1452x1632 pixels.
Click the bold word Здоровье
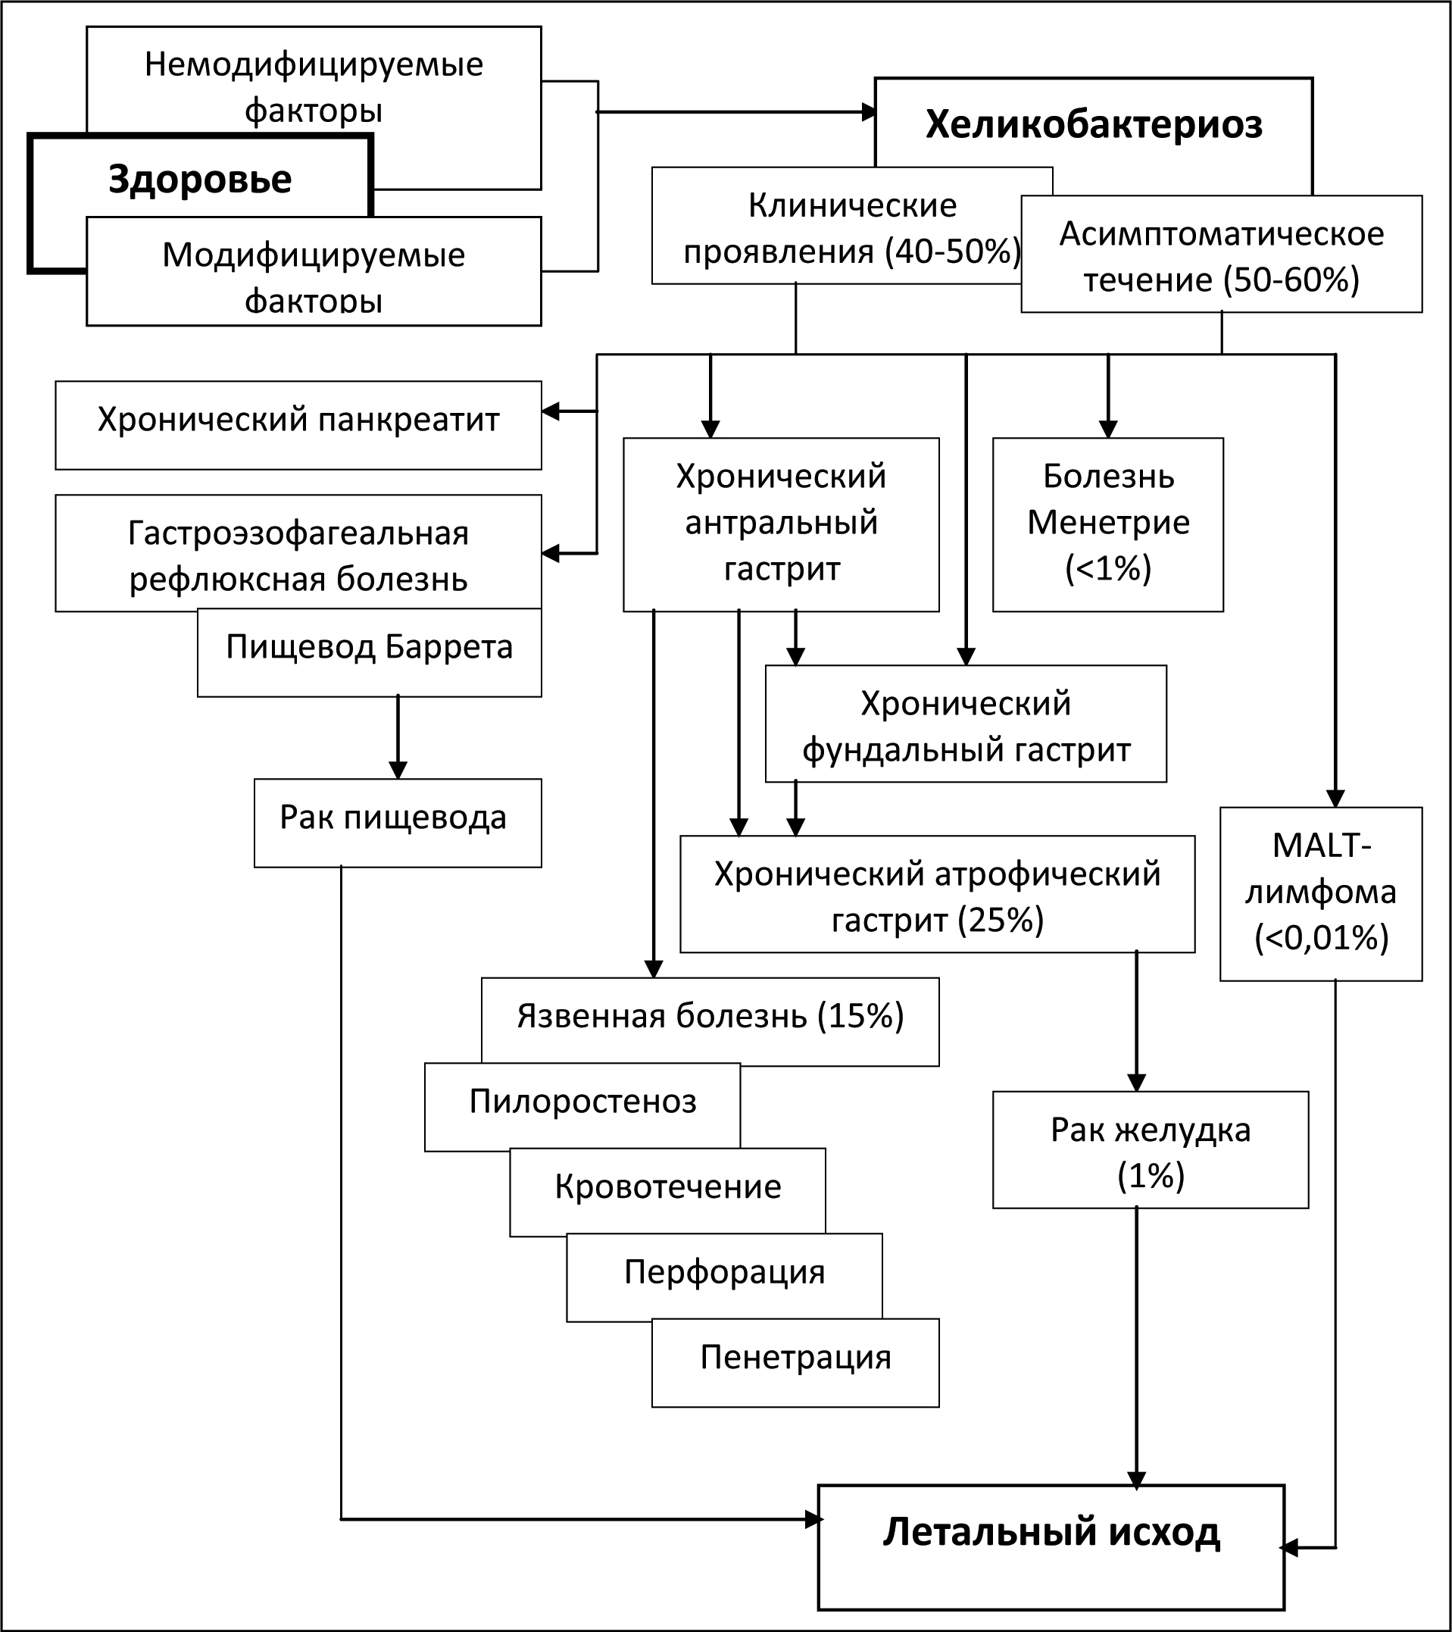pos(201,180)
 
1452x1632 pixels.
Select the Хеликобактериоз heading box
pos(1094,123)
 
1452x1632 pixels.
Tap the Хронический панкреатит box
pos(298,425)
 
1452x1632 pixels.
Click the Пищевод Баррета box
pos(370,652)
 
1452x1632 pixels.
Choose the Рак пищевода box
pos(398,822)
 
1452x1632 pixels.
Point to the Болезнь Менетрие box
pos(1108,524)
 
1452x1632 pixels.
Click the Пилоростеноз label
pos(582,1102)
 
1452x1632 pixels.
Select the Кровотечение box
pos(667,1192)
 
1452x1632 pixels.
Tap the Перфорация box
pos(724,1277)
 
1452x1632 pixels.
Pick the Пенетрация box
pos(795,1363)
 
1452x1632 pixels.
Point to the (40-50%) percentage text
pos(952,252)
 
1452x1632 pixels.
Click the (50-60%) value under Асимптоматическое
pos(1295,280)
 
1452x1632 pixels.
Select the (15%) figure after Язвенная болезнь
pos(860,1017)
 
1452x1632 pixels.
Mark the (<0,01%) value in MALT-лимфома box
pos(1321,938)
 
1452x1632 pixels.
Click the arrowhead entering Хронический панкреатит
pos(551,411)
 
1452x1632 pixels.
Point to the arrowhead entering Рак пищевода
pos(398,770)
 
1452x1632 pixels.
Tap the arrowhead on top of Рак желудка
pos(1136,1083)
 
